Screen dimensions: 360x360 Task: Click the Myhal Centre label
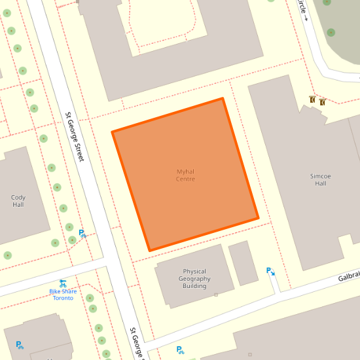coord(185,175)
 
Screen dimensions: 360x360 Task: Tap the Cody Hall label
coord(18,201)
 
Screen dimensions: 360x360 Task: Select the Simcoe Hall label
coord(320,179)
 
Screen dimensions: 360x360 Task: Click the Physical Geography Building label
coord(194,279)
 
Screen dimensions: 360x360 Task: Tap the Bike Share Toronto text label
coord(63,295)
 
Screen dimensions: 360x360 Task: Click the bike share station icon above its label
coord(63,283)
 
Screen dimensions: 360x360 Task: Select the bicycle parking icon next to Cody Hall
coord(82,234)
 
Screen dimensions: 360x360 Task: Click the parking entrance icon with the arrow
coord(270,271)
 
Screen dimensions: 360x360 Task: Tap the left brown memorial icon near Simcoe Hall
coord(313,100)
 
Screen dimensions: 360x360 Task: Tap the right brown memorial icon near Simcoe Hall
coord(323,101)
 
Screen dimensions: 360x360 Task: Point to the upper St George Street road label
coord(75,137)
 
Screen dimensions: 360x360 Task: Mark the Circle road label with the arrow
coord(302,9)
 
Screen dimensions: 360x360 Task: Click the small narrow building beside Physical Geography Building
coord(243,263)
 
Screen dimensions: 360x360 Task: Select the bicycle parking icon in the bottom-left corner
coord(20,345)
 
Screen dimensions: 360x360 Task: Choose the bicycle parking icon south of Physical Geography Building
coord(180,350)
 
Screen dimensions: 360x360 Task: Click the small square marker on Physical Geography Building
coord(216,295)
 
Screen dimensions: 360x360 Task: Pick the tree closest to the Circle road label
coord(331,32)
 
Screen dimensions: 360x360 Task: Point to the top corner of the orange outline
coord(223,99)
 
